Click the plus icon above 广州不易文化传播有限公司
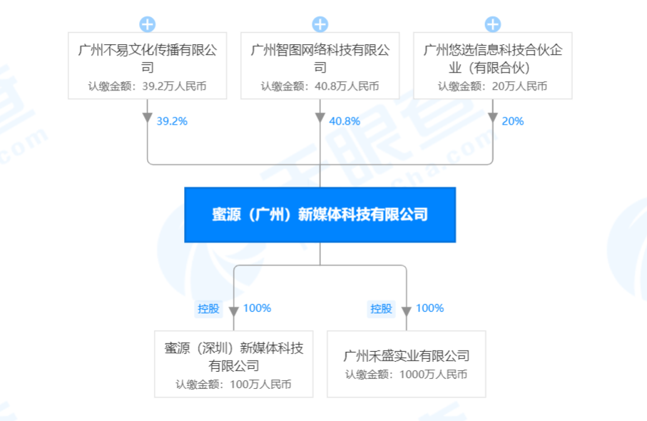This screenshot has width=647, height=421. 148,24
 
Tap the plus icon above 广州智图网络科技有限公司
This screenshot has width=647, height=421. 320,24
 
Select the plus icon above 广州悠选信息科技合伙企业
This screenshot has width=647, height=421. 493,24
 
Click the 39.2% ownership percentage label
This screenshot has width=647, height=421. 172,121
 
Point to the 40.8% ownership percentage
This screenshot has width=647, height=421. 345,121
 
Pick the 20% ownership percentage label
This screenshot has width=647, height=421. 513,121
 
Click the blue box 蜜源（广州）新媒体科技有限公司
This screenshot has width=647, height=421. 320,214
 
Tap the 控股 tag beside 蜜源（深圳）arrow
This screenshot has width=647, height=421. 208,308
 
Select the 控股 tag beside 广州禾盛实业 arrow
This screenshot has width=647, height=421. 381,308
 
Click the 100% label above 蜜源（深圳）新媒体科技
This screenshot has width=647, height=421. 257,308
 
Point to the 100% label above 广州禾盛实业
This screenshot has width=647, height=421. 430,308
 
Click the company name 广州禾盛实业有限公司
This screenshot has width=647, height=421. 407,356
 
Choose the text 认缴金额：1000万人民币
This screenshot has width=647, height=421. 407,375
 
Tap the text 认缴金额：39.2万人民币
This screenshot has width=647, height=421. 148,86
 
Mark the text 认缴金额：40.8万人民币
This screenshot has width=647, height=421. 320,86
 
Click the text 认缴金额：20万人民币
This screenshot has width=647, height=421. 493,86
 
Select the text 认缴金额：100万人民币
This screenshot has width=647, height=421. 233,385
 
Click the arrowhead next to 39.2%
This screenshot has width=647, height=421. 148,118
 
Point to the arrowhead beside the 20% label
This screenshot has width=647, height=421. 493,118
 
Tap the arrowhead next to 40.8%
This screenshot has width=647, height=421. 320,118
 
